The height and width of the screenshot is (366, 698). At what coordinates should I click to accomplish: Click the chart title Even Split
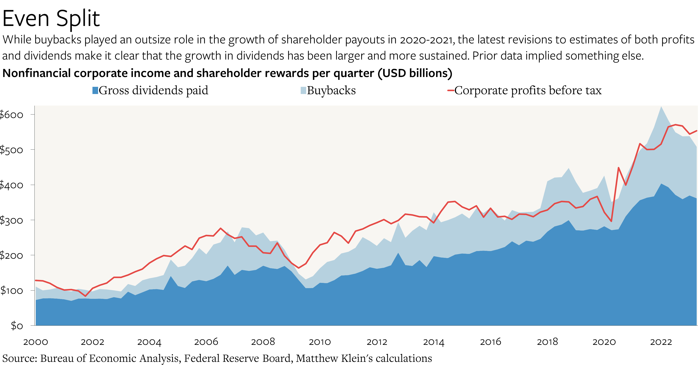click(51, 19)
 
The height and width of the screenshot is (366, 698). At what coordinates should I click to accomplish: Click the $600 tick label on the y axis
click(11, 115)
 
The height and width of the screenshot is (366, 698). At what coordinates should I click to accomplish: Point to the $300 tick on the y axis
click(11, 220)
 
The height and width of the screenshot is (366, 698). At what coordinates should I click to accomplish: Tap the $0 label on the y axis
click(17, 325)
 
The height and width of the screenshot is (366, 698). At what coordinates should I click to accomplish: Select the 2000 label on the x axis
click(36, 342)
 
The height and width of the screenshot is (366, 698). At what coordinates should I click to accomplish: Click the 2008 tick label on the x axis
click(263, 342)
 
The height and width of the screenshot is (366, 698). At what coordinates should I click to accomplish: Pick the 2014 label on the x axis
click(433, 342)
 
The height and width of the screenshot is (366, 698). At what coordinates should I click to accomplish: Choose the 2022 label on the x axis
click(661, 342)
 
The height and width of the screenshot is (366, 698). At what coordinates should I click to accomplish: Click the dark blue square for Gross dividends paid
click(95, 91)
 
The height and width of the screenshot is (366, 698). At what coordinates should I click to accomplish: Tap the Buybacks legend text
click(331, 91)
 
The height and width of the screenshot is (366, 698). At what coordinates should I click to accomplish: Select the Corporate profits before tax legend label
click(527, 91)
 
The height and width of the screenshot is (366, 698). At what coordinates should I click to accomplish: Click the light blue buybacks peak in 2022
click(661, 107)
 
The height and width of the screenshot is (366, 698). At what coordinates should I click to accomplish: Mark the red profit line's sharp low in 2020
click(611, 221)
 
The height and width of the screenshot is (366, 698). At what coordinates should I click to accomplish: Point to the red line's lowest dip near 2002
click(85, 296)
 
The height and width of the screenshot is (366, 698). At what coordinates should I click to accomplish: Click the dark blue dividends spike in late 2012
click(398, 254)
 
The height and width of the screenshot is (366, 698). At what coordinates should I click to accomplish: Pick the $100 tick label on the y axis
click(11, 290)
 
